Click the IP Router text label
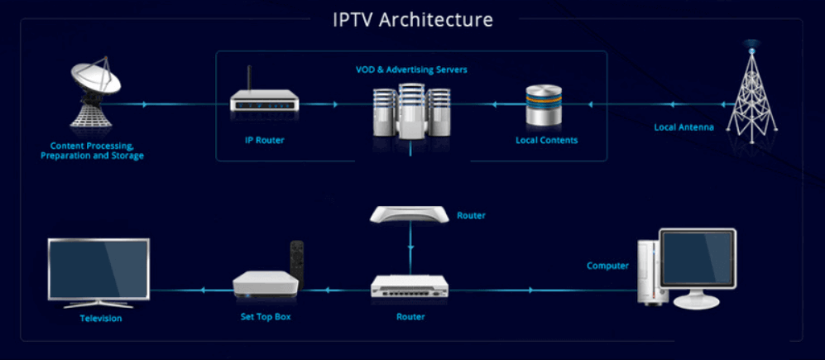[265, 140]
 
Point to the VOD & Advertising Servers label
[405, 70]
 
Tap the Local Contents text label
[546, 140]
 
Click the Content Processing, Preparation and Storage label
[92, 151]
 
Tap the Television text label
[100, 318]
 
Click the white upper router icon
[410, 215]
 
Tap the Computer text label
[608, 266]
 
